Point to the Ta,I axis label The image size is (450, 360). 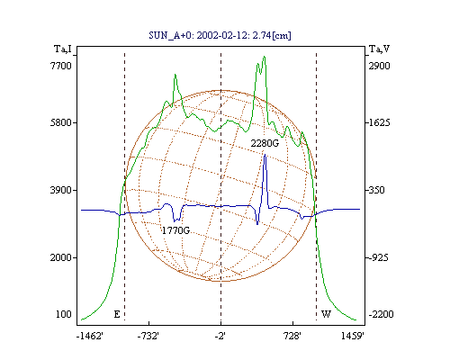[x=63, y=49]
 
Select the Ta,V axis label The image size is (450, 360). [x=379, y=49]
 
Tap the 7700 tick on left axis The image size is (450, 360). [x=61, y=66]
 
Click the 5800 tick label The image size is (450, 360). [x=61, y=122]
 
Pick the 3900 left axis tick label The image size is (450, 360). [x=61, y=190]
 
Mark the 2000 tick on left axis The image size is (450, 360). [x=61, y=257]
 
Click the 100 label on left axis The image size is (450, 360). [x=64, y=314]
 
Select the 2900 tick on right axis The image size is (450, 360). [x=379, y=66]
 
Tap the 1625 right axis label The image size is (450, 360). [x=379, y=122]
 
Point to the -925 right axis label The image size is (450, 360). [x=378, y=257]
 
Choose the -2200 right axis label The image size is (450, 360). [x=381, y=314]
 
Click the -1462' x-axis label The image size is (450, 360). [x=90, y=336]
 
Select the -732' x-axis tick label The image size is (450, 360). [x=148, y=336]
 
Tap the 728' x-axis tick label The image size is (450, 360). [x=292, y=336]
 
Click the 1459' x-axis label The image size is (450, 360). [x=353, y=336]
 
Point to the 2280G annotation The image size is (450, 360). [x=265, y=143]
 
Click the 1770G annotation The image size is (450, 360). [x=176, y=230]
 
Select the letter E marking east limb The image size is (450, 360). [x=117, y=314]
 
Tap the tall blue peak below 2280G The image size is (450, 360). [x=265, y=155]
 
